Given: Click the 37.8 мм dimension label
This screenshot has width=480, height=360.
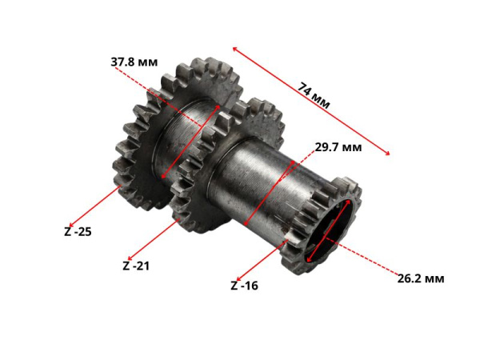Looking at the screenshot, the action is (134, 62).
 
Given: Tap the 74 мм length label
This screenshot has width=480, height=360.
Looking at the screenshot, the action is (314, 95).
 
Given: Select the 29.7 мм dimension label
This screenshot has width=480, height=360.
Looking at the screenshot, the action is (338, 147).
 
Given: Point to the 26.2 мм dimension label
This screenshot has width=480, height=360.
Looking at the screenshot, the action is (421, 278).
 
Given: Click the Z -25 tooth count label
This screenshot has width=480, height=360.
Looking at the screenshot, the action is (78, 231).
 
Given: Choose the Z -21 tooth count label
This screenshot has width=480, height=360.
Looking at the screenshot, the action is (136, 266).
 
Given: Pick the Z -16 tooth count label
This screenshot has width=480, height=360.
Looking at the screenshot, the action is (244, 286).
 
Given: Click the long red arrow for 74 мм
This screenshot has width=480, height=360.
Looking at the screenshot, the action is (311, 101).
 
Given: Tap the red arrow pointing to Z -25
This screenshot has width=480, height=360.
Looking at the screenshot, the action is (94, 206).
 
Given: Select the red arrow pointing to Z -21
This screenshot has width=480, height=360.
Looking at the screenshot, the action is (154, 239).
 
